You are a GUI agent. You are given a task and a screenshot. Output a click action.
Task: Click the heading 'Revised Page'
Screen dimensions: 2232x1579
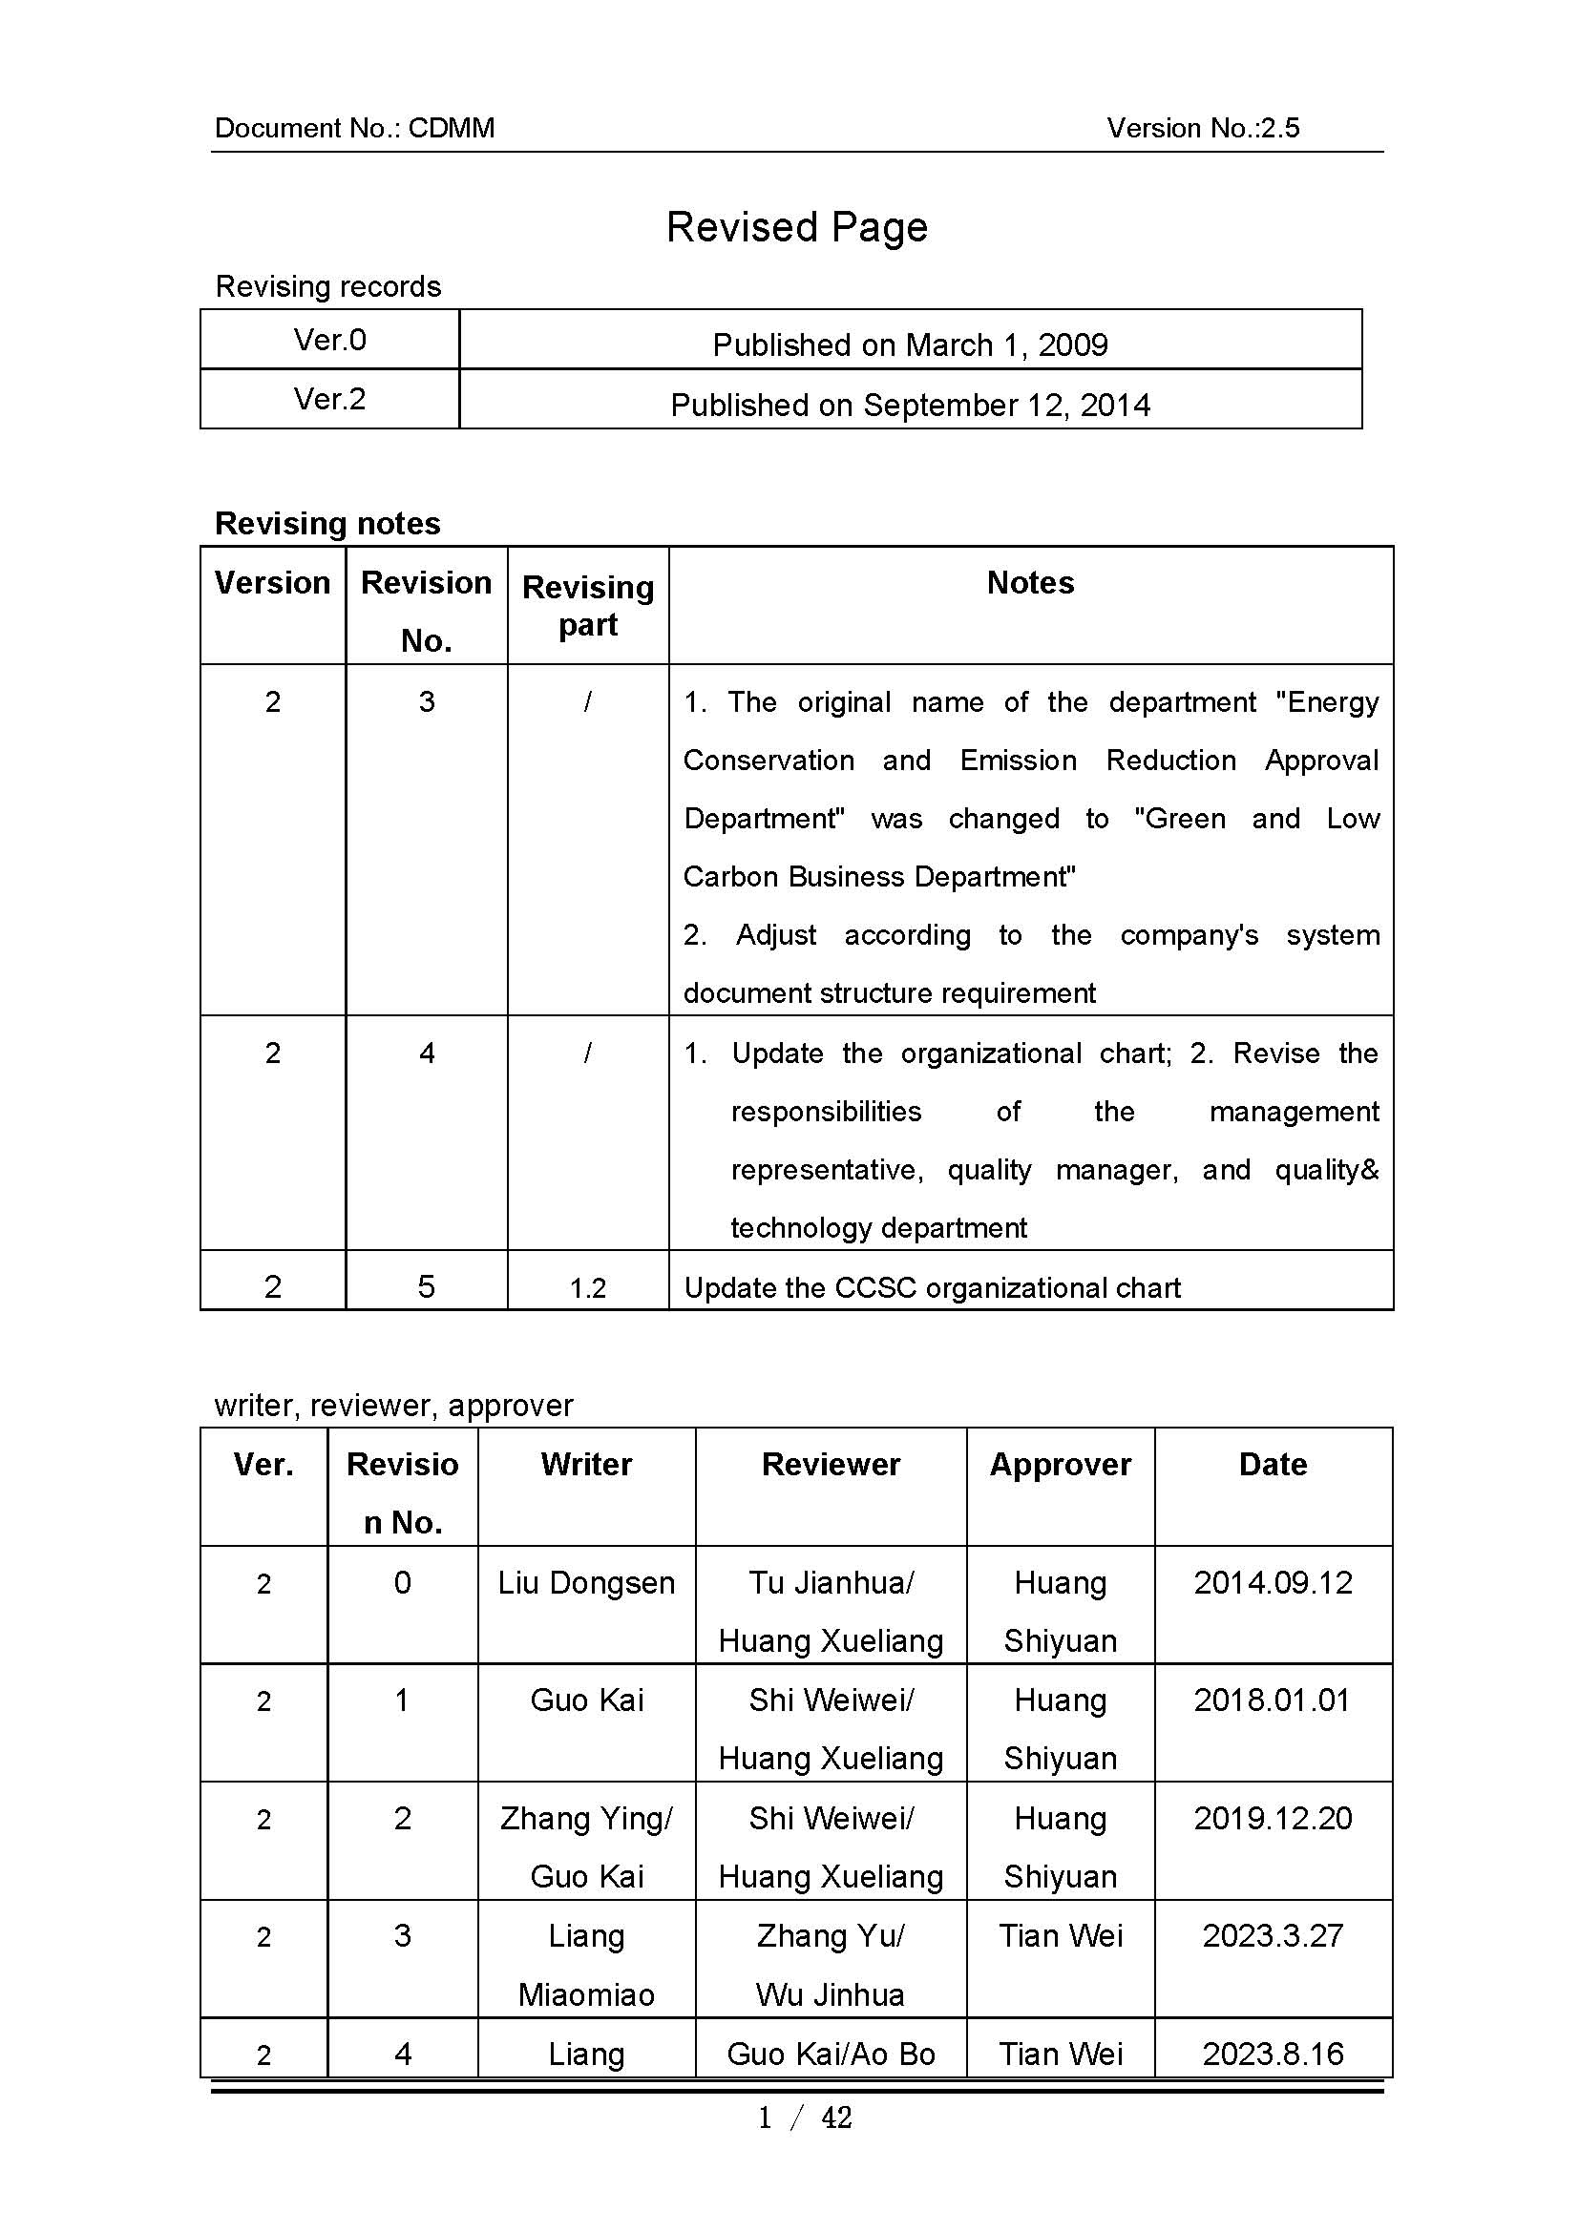click(x=796, y=227)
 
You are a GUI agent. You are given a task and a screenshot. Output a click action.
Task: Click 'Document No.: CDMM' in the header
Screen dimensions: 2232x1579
click(x=354, y=128)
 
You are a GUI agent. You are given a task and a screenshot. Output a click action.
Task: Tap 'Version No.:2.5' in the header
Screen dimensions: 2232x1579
click(x=1202, y=128)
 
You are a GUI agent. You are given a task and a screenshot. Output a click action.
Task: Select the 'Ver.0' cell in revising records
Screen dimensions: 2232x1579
click(x=329, y=340)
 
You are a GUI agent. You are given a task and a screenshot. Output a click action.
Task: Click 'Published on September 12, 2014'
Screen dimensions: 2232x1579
click(x=910, y=405)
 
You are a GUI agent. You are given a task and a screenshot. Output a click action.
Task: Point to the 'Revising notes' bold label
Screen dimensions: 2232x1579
click(x=327, y=523)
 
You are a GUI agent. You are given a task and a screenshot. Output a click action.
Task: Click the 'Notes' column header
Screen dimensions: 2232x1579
click(x=1030, y=582)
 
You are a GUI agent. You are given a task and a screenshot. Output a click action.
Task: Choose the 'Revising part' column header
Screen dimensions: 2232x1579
click(x=587, y=605)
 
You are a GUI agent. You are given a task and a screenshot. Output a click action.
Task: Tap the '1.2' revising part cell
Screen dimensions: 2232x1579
click(x=587, y=1288)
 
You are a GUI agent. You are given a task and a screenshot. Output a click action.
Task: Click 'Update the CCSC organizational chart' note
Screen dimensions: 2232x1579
click(x=932, y=1288)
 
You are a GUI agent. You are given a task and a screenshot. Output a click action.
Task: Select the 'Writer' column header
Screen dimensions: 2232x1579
click(x=586, y=1464)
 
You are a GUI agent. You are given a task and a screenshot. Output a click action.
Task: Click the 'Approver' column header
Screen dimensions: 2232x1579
click(x=1060, y=1464)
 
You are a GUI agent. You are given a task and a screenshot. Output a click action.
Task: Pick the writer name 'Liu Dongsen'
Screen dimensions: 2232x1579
click(x=586, y=1582)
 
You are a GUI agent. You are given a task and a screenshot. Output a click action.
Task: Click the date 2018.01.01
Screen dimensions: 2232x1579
click(x=1272, y=1700)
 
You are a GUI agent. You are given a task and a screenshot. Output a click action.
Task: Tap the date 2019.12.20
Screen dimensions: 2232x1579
click(x=1272, y=1818)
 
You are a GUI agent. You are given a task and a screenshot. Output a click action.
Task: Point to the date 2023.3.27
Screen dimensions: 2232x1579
click(x=1272, y=1935)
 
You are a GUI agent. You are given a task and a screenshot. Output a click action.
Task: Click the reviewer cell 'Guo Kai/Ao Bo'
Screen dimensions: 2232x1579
click(x=831, y=2054)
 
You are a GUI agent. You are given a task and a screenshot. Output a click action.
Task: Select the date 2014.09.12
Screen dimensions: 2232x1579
click(x=1272, y=1582)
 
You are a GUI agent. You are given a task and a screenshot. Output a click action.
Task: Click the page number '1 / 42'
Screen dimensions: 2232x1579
click(x=804, y=2117)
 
